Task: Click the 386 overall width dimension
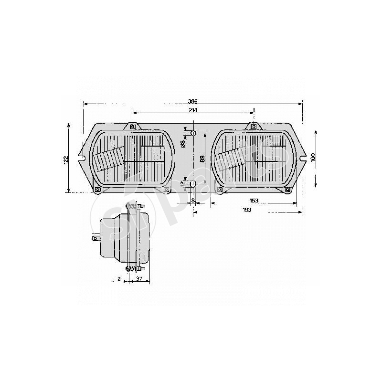[192, 101]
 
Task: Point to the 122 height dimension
[66, 159]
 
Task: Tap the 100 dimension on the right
[313, 158]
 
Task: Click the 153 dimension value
[254, 201]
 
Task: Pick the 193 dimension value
[247, 210]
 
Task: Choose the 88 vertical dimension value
[203, 159]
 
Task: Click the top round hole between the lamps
[194, 133]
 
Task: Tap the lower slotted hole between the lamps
[193, 184]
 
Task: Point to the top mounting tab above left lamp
[132, 127]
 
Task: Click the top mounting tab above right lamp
[253, 127]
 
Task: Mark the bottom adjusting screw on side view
[129, 269]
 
